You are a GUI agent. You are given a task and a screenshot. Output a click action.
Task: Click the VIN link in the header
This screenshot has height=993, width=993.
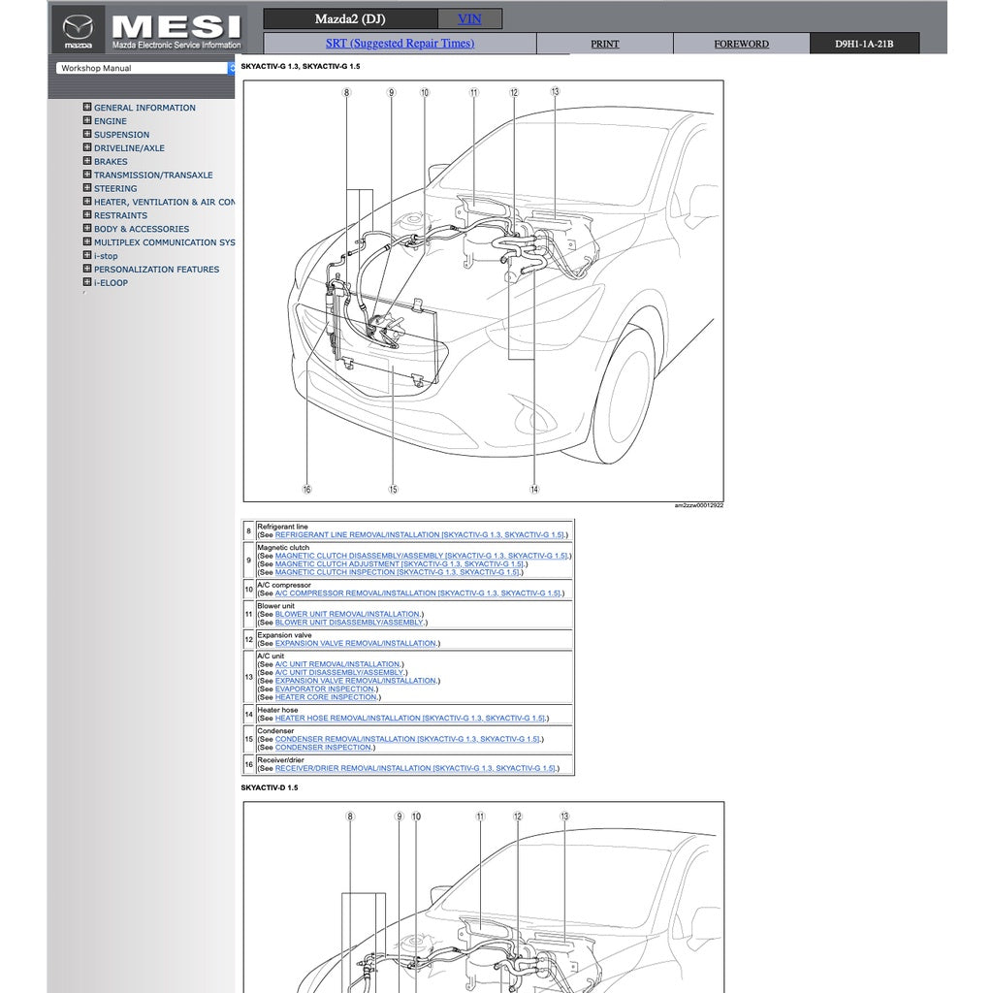pos(469,19)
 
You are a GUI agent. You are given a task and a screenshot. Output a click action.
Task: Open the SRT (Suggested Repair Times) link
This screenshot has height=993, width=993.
pos(400,44)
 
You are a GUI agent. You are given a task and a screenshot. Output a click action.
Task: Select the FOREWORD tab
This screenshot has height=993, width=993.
pos(741,45)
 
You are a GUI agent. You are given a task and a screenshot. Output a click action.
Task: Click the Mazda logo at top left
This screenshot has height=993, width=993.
pos(78,30)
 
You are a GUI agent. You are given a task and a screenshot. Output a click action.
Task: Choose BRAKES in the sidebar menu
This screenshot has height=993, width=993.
pos(111,162)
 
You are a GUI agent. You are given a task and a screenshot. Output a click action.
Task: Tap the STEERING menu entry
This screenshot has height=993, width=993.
pos(115,189)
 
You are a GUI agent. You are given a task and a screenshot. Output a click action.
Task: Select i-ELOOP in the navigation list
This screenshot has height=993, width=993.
pos(111,283)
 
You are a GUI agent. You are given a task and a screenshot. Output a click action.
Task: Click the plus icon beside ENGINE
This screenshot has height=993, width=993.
pos(87,121)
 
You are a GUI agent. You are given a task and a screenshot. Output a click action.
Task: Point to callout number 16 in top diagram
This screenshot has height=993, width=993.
pos(306,490)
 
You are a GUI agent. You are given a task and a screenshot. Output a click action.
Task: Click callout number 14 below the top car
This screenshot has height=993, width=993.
pos(534,490)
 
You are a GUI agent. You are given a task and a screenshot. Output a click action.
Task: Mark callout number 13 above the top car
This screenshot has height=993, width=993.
pos(555,92)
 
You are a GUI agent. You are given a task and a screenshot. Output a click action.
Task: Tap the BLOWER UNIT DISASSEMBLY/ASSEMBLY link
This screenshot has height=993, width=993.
pos(349,623)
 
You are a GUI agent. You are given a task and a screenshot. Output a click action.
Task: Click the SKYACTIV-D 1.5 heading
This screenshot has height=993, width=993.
pos(270,788)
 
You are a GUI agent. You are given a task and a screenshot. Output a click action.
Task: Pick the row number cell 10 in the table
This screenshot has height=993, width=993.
pos(249,590)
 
